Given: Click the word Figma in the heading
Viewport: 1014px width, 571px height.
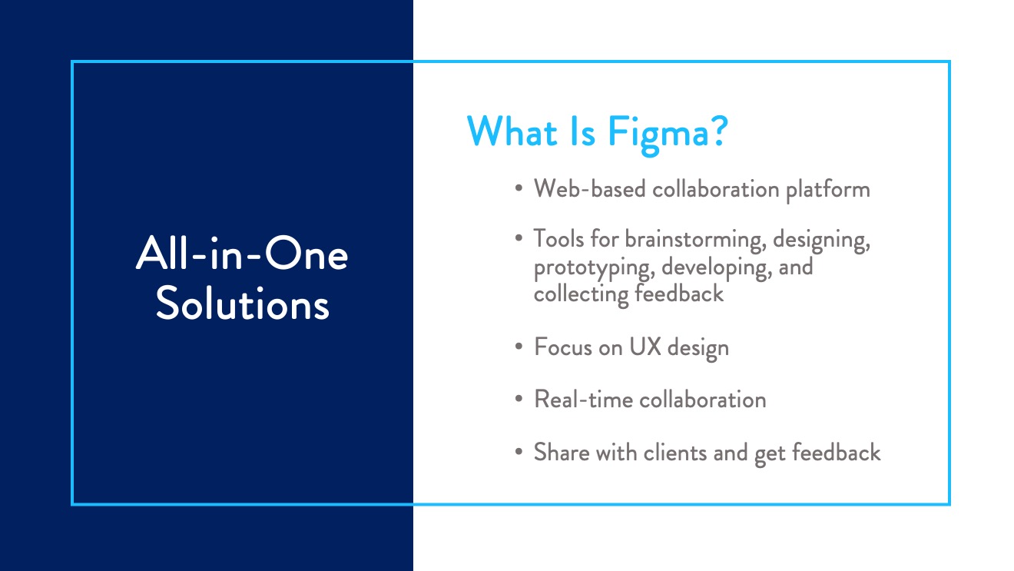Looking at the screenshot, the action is point(658,134).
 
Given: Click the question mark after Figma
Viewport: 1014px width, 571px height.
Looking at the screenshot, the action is point(718,131).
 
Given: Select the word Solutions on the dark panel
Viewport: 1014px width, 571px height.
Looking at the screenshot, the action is point(242,304).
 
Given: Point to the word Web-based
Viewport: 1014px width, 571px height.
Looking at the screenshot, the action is point(589,188).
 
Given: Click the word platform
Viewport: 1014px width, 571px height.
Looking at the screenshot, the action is point(828,190).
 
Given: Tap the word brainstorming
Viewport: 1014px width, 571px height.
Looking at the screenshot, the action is point(696,240).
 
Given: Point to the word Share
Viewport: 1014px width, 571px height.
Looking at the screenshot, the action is point(562,452).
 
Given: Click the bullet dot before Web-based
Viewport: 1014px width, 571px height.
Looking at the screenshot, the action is point(519,188).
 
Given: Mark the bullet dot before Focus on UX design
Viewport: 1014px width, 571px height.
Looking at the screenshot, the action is point(519,347).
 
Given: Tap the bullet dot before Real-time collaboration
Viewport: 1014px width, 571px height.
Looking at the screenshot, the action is point(519,399).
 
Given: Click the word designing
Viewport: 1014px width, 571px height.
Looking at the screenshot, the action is point(821,240).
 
